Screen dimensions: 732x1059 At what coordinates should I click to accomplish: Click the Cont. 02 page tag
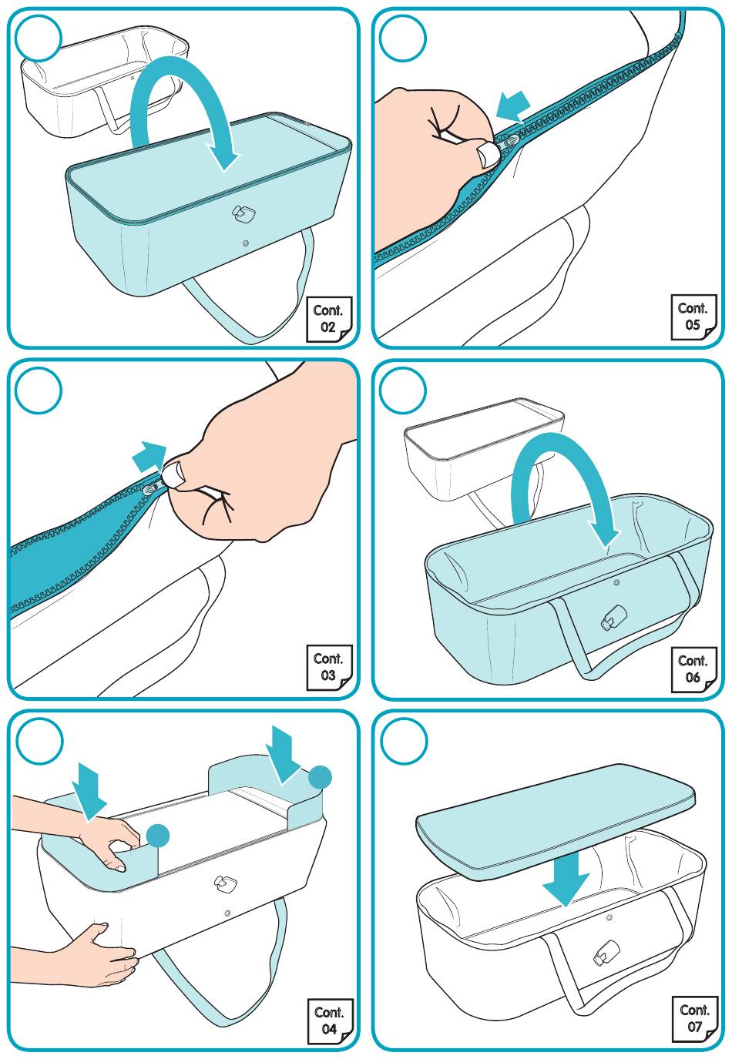point(329,319)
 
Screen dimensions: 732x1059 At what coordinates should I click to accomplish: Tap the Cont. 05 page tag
point(693,317)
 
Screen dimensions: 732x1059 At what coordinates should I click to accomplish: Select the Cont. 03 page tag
point(329,667)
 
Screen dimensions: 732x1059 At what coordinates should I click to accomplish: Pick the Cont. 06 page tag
point(693,669)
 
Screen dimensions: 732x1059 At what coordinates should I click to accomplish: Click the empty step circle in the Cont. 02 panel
point(39,38)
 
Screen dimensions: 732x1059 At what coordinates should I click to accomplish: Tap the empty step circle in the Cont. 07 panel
point(403,740)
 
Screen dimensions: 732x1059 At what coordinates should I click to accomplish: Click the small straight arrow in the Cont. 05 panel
point(513,106)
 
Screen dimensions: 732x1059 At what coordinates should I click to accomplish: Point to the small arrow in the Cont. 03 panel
point(149,457)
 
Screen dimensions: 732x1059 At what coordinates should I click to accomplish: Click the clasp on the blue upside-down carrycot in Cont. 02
point(241,213)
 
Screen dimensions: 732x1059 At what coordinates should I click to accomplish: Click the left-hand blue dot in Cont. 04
point(158,836)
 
